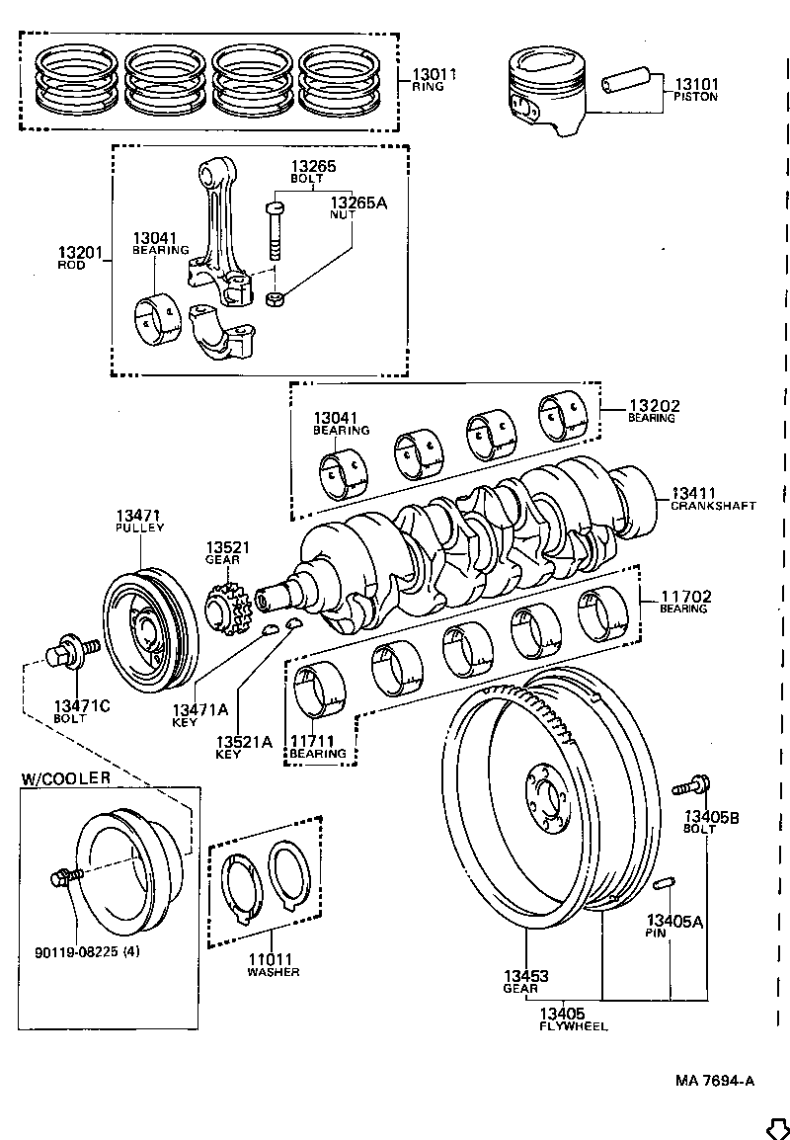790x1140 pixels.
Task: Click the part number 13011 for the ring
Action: [x=434, y=73]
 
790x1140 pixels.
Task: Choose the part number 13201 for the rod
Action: [x=80, y=254]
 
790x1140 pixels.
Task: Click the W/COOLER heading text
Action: [x=66, y=777]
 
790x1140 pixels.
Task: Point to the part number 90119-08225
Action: [x=74, y=952]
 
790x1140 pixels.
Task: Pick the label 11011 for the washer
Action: [x=273, y=959]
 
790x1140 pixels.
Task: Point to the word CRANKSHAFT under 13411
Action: [x=713, y=505]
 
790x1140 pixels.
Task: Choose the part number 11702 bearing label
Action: [x=685, y=597]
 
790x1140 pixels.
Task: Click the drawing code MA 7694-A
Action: [x=715, y=1080]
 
